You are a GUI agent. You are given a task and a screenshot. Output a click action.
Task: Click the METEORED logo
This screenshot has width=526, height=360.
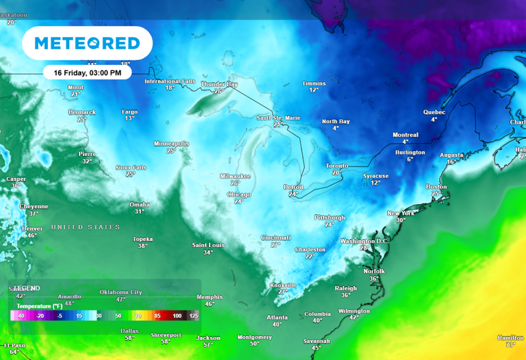tap(87, 44)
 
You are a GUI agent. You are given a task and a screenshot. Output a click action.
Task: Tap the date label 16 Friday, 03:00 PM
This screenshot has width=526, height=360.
tap(87, 72)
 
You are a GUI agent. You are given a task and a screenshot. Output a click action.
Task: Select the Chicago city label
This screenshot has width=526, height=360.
tap(238, 194)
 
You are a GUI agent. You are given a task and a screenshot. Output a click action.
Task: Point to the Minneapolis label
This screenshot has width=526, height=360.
tap(171, 144)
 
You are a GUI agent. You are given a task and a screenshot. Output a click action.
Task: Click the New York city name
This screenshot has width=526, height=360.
tap(401, 213)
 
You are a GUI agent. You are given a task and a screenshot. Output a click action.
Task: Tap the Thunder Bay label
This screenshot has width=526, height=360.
tap(218, 83)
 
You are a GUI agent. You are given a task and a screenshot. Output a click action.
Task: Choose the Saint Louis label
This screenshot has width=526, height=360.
tap(208, 245)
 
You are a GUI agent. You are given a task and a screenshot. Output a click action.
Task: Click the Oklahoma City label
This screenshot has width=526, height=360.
tap(121, 292)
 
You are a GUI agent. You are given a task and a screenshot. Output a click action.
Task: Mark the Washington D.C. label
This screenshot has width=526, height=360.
tap(364, 241)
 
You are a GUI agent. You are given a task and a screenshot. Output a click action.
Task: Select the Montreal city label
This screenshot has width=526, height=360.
tap(405, 135)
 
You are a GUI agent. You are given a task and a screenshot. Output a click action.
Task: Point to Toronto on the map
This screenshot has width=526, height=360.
tap(336, 166)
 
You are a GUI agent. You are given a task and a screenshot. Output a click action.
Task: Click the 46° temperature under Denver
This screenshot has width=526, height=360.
tap(32, 235)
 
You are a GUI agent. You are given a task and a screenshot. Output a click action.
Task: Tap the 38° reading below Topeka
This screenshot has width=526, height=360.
tap(142, 246)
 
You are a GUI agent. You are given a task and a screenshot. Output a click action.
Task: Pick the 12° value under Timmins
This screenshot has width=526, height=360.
tap(314, 90)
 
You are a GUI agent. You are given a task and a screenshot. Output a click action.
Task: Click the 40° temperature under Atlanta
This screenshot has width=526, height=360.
tap(277, 324)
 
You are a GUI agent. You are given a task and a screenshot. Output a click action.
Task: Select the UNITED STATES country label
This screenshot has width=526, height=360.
tap(86, 227)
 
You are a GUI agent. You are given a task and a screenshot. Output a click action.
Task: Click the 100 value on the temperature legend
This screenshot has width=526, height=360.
tap(177, 316)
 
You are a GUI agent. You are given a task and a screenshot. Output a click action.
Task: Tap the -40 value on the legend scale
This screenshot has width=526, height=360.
tap(21, 316)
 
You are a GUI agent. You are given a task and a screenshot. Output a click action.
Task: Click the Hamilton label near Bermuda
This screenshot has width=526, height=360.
tap(510, 337)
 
